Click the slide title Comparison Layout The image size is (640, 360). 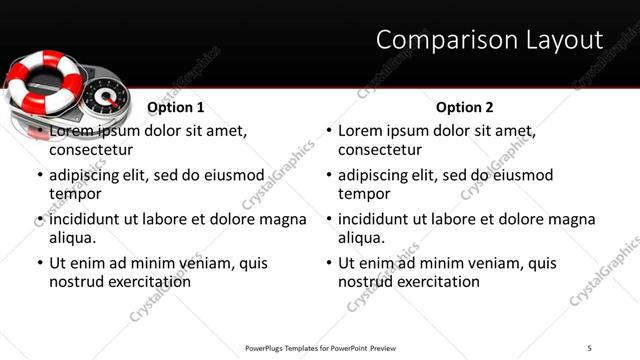(489, 40)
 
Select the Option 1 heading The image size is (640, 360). (176, 107)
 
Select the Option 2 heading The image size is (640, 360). (465, 107)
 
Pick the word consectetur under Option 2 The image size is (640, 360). (379, 150)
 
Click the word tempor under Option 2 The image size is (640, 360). (362, 194)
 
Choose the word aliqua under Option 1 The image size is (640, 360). (72, 238)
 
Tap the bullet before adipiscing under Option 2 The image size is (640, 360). (329, 176)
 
